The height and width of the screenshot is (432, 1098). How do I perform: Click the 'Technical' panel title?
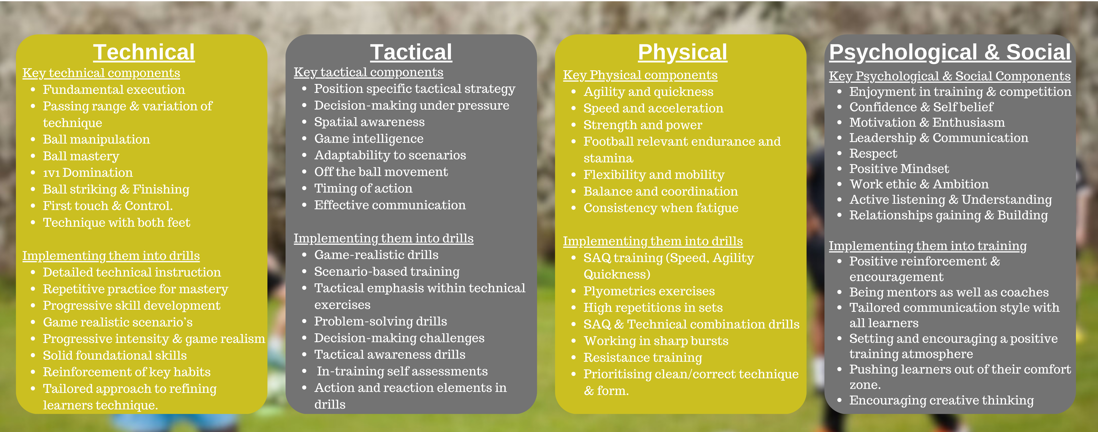[x=144, y=52]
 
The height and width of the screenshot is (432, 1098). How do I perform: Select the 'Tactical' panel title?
[x=411, y=52]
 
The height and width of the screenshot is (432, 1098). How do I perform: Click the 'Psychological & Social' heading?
[x=950, y=52]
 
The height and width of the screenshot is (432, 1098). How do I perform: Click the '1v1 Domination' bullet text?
[x=88, y=173]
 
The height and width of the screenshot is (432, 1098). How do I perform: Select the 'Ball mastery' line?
[x=81, y=156]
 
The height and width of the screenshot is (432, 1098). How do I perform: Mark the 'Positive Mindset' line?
[x=899, y=169]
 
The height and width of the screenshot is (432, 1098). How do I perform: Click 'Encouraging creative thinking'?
[x=942, y=400]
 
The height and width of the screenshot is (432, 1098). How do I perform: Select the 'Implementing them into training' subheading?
[x=928, y=246]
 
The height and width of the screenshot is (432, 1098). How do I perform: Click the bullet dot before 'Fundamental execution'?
[x=33, y=90]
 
